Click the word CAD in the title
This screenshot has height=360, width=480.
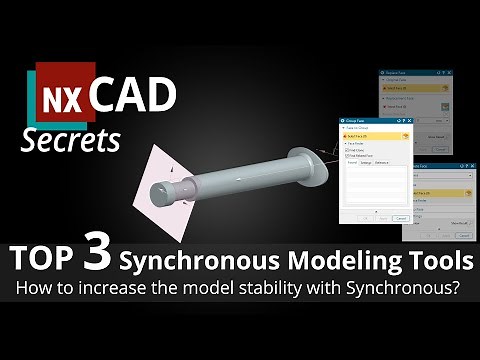134,96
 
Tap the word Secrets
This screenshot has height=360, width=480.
72,140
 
